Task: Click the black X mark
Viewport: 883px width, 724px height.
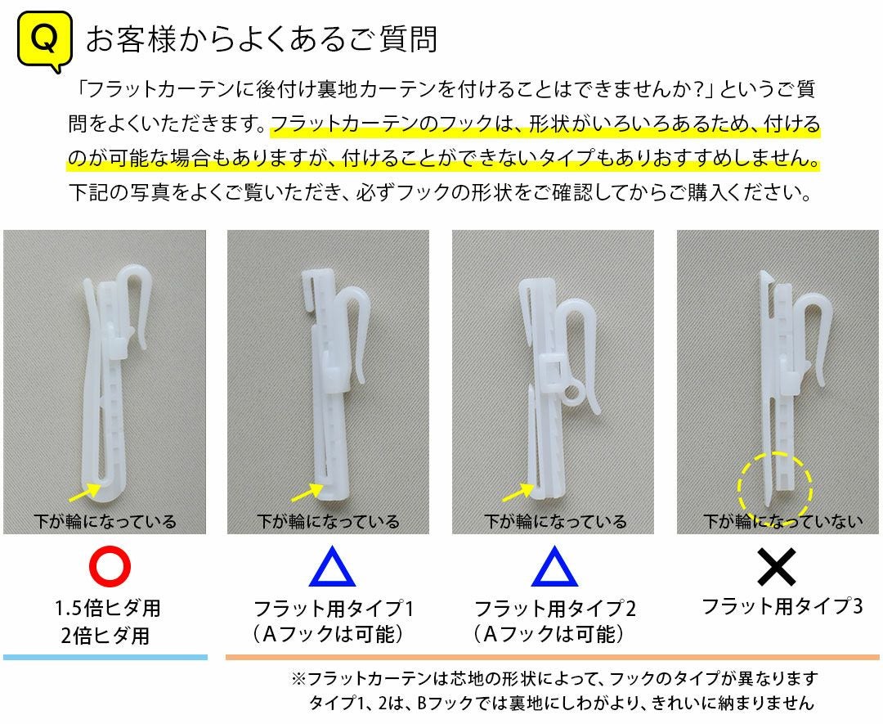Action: point(777,566)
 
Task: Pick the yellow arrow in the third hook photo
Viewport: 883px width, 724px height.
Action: point(517,493)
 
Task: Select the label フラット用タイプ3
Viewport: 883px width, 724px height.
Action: point(782,606)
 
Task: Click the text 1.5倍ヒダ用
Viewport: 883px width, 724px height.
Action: point(108,608)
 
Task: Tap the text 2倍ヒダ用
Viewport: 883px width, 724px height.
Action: point(105,636)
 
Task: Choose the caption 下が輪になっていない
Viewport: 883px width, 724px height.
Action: point(782,521)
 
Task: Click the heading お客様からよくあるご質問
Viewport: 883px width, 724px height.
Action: point(262,39)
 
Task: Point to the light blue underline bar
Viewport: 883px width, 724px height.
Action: point(105,657)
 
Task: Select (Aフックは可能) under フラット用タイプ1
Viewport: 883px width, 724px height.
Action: point(329,634)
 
